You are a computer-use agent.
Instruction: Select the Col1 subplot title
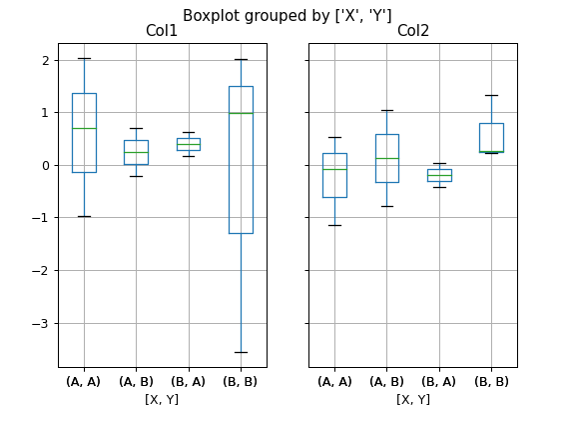162,31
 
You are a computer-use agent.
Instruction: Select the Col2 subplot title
412,31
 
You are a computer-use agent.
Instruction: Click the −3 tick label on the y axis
41,323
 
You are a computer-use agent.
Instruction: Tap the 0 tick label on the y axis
45,165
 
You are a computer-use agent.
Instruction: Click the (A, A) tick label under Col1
84,381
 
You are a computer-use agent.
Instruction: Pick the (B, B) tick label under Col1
241,381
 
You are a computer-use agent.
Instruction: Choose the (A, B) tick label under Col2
386,381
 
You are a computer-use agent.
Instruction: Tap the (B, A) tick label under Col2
439,381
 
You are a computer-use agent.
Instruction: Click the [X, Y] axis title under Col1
162,399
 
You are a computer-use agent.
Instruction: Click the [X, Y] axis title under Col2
412,399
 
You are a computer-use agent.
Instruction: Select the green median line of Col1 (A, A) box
84,128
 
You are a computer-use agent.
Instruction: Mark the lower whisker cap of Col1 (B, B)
241,352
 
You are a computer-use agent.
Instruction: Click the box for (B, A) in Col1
189,144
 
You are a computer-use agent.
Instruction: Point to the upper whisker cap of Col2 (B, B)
491,95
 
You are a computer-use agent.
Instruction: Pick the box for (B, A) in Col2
439,175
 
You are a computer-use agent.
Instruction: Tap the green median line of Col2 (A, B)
386,158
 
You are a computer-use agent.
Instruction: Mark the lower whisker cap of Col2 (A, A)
334,225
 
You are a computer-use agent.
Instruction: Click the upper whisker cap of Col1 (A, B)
136,128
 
